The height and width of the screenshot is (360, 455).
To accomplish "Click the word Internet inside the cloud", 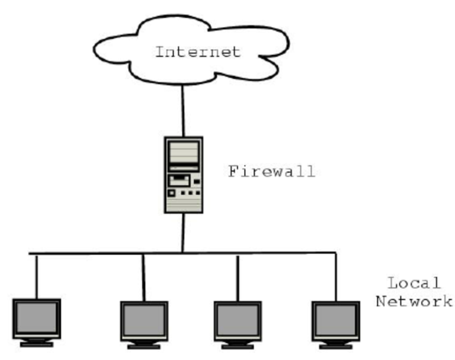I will coord(198,52).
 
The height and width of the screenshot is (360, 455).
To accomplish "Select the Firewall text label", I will coord(271,172).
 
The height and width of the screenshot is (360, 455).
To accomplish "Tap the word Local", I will coord(414,282).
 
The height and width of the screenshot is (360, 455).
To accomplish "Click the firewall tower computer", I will coord(183,174).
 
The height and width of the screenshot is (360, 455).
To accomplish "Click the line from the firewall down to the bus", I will coord(183,232).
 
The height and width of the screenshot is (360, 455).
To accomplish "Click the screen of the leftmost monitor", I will coord(37,318).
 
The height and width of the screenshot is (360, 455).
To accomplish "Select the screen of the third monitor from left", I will coord(238,320).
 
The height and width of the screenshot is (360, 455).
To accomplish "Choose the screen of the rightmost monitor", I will coord(336,320).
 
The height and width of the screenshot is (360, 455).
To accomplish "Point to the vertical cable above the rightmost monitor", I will coord(336,277).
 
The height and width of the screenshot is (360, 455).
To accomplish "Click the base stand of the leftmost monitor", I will coord(37,344).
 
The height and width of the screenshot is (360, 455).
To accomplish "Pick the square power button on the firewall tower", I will coord(172,193).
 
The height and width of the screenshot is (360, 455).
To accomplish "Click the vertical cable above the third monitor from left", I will coord(238,277).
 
